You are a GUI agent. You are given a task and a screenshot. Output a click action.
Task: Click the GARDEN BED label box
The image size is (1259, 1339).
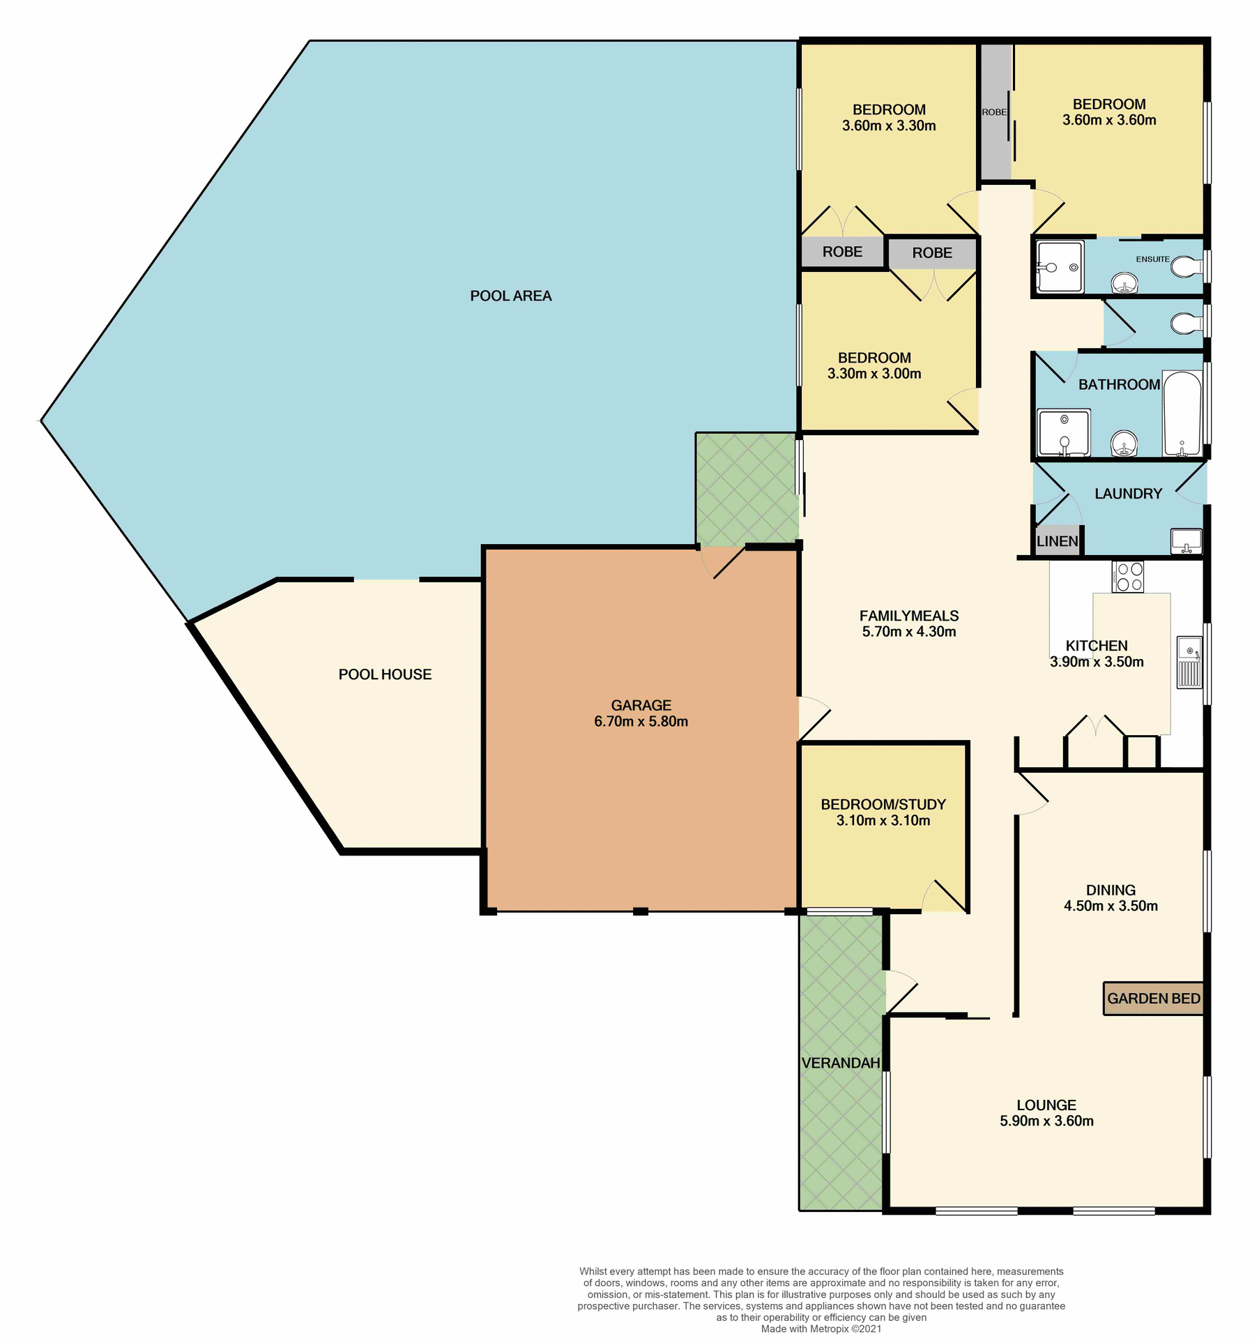pyautogui.click(x=1154, y=999)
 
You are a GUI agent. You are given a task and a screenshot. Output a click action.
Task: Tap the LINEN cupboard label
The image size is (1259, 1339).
pyautogui.click(x=1057, y=541)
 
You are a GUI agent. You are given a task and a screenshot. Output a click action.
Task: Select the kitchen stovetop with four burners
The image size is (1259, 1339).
pyautogui.click(x=1127, y=577)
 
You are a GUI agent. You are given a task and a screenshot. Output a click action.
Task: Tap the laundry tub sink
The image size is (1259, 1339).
pyautogui.click(x=1186, y=540)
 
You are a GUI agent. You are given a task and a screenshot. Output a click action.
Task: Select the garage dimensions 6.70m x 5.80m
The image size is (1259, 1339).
pyautogui.click(x=641, y=722)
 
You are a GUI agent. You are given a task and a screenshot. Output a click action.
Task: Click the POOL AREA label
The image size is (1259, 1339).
pyautogui.click(x=510, y=296)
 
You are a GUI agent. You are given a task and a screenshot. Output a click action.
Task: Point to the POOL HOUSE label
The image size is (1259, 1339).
pyautogui.click(x=385, y=674)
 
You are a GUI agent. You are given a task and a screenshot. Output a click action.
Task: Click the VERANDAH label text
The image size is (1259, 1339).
pyautogui.click(x=841, y=1063)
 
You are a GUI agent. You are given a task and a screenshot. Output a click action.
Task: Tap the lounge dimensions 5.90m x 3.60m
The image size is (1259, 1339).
pyautogui.click(x=1046, y=1121)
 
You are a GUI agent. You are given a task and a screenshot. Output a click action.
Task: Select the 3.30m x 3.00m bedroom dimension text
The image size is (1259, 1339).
pyautogui.click(x=874, y=374)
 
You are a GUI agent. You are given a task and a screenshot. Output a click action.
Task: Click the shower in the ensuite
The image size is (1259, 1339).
pyautogui.click(x=1060, y=266)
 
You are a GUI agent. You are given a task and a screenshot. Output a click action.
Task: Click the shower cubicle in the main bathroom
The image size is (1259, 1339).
pyautogui.click(x=1064, y=433)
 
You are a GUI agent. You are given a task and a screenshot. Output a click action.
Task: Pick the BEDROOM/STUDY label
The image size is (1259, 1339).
pyautogui.click(x=883, y=804)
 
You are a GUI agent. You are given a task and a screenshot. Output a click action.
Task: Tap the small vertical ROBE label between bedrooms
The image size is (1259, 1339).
pyautogui.click(x=994, y=112)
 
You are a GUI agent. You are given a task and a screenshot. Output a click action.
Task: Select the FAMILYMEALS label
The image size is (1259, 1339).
pyautogui.click(x=908, y=616)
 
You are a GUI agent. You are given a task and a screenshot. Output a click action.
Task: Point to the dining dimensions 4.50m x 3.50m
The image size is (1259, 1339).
pyautogui.click(x=1111, y=906)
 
